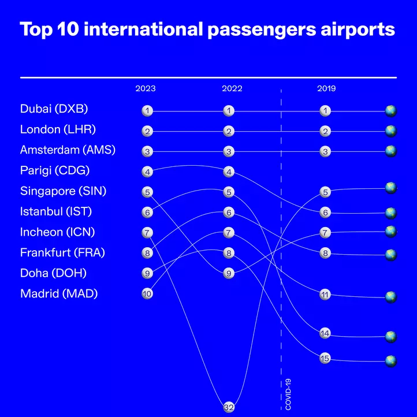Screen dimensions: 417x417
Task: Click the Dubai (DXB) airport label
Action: pos(54,109)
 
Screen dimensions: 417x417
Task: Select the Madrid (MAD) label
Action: pos(59,294)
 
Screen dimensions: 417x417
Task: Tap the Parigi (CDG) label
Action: pos(55,171)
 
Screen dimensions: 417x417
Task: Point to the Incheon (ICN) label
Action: pos(57,232)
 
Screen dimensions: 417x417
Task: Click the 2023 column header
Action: pos(146,88)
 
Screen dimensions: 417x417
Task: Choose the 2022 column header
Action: pos(232,88)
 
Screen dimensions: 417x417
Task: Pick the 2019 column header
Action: pos(326,88)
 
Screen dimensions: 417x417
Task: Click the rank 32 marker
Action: pos(229,407)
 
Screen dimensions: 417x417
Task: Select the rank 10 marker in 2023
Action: pos(147,294)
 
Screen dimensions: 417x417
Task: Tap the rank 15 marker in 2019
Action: pos(325,359)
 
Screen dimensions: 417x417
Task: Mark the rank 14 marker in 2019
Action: pos(325,333)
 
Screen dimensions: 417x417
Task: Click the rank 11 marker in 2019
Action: pos(325,295)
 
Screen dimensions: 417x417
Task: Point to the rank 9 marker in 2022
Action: pos(229,273)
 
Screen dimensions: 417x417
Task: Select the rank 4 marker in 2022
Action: pos(229,172)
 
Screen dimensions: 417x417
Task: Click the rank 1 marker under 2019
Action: pos(325,111)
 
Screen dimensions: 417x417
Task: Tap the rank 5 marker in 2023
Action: pos(147,192)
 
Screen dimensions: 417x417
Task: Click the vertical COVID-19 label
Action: pos(288,394)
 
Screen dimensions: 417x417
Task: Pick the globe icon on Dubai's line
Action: pos(391,111)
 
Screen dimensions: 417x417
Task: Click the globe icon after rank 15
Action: pos(391,361)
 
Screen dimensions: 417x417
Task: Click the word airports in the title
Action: pos(358,30)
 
